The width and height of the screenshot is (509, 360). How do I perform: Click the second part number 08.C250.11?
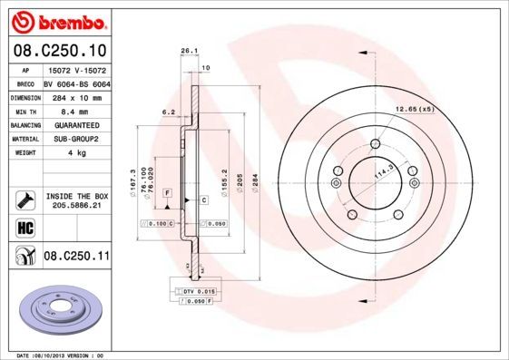coord(77,258)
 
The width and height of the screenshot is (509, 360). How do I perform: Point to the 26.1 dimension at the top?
coord(190,51)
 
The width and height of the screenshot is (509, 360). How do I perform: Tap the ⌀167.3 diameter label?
coord(134,178)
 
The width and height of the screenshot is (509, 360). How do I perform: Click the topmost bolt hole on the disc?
coord(376,141)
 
